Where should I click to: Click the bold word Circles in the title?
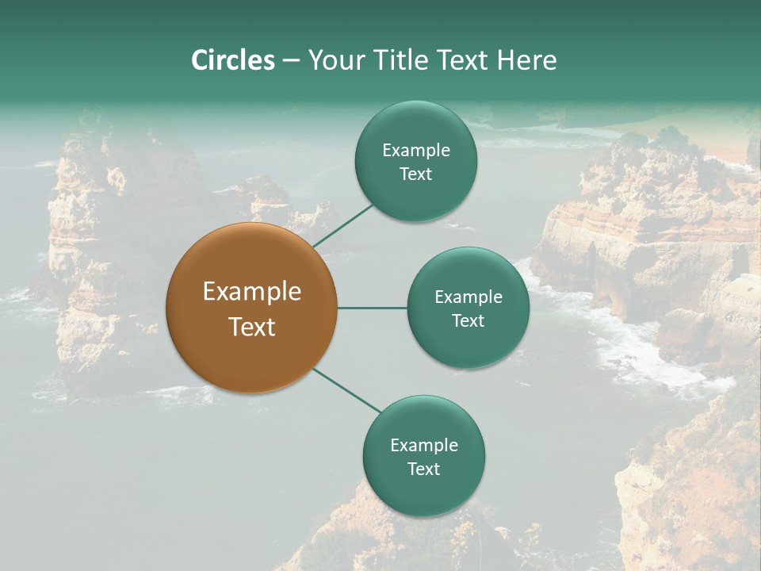(233, 60)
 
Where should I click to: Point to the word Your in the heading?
(335, 60)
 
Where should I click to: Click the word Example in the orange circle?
(251, 292)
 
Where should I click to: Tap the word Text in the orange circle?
(251, 327)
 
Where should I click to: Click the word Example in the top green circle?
(415, 151)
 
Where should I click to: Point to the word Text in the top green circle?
(415, 174)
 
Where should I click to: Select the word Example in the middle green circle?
(468, 297)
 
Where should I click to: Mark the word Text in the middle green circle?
(468, 321)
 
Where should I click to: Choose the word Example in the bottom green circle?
(423, 446)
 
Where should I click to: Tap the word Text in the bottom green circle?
(423, 469)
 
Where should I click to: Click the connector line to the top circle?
(343, 225)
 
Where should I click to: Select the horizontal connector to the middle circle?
(372, 308)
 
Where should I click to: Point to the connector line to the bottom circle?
(347, 390)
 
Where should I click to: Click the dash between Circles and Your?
(291, 61)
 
